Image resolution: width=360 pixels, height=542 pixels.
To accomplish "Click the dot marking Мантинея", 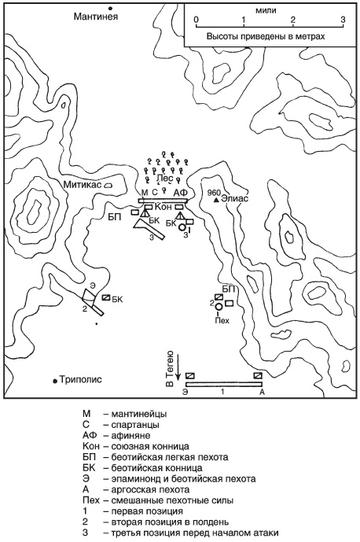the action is pyautogui.click(x=111, y=8).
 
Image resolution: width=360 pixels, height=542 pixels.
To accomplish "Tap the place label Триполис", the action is pyautogui.click(x=81, y=379).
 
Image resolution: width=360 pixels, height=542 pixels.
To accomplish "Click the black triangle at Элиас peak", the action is pyautogui.click(x=216, y=200).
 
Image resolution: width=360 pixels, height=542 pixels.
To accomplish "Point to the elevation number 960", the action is pyautogui.click(x=214, y=193).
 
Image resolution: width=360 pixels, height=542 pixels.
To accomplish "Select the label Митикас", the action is pyautogui.click(x=83, y=185).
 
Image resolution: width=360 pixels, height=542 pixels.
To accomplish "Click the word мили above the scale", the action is pyautogui.click(x=266, y=10).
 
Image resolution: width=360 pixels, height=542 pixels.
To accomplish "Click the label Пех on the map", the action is pyautogui.click(x=222, y=320).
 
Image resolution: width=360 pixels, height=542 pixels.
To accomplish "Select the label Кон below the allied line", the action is pyautogui.click(x=160, y=206).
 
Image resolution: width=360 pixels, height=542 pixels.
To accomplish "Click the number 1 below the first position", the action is pyautogui.click(x=223, y=392).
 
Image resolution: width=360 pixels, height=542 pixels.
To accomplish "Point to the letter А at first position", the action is pyautogui.click(x=262, y=392).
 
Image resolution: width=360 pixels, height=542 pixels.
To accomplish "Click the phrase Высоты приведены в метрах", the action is pyautogui.click(x=266, y=36).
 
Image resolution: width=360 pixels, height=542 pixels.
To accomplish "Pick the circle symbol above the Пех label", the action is pyautogui.click(x=219, y=307).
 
